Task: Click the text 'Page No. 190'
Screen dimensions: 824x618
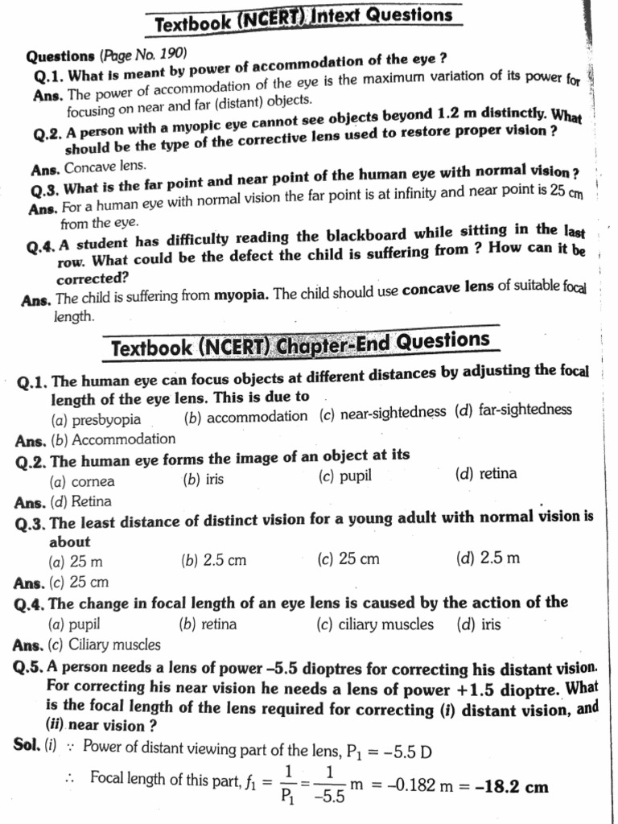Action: (x=143, y=55)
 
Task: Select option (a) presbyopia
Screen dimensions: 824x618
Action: (x=96, y=419)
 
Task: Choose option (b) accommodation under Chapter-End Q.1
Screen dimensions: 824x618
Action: (x=245, y=416)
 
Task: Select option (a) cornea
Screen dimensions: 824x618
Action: (x=82, y=481)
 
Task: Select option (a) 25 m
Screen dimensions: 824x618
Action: (x=76, y=562)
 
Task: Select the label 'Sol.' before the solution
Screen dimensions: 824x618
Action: (x=27, y=745)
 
